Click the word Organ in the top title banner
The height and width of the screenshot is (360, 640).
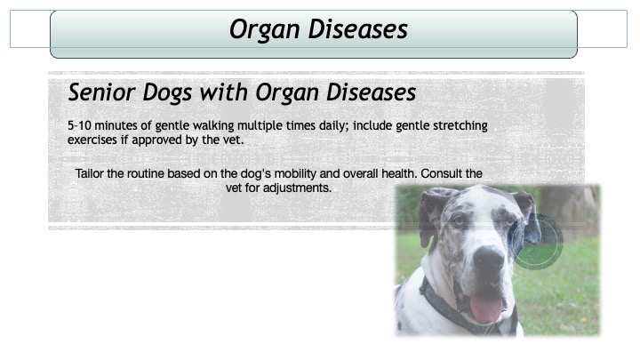[x=264, y=30]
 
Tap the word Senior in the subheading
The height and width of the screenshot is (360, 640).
[x=100, y=92]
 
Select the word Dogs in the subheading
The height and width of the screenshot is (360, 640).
[x=167, y=92]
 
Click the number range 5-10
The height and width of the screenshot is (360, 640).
[x=79, y=125]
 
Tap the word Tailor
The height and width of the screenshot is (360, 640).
[x=89, y=173]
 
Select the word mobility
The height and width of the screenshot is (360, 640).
[x=295, y=174]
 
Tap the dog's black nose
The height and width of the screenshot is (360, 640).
[x=488, y=258]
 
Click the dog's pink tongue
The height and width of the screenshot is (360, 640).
[x=486, y=308]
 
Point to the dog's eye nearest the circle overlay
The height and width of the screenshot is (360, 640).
[x=509, y=222]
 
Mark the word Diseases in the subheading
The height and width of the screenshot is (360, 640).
[x=371, y=92]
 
